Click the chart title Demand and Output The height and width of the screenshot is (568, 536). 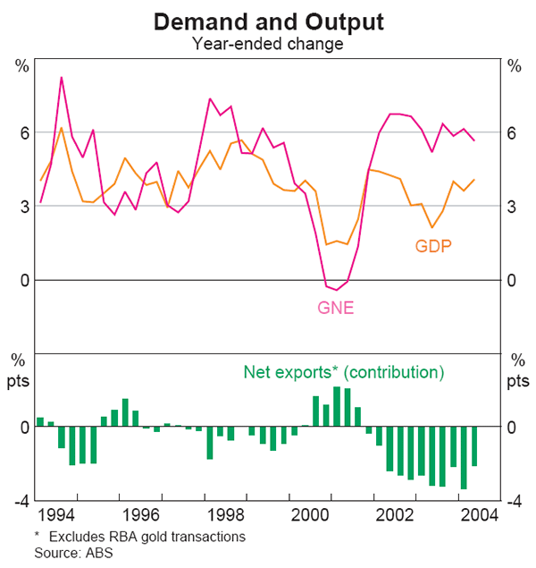(x=267, y=21)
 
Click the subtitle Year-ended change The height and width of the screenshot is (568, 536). (x=267, y=42)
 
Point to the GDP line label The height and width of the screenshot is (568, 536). (x=433, y=245)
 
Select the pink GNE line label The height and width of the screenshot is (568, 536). (x=336, y=307)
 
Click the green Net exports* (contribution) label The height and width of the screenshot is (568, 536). (x=343, y=372)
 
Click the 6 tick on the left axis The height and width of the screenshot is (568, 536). (x=25, y=132)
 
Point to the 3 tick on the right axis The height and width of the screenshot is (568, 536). (x=512, y=207)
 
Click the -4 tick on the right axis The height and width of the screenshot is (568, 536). (x=514, y=501)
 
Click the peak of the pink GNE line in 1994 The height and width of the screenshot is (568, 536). (x=62, y=78)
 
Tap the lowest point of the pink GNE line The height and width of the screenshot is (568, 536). (x=337, y=290)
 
